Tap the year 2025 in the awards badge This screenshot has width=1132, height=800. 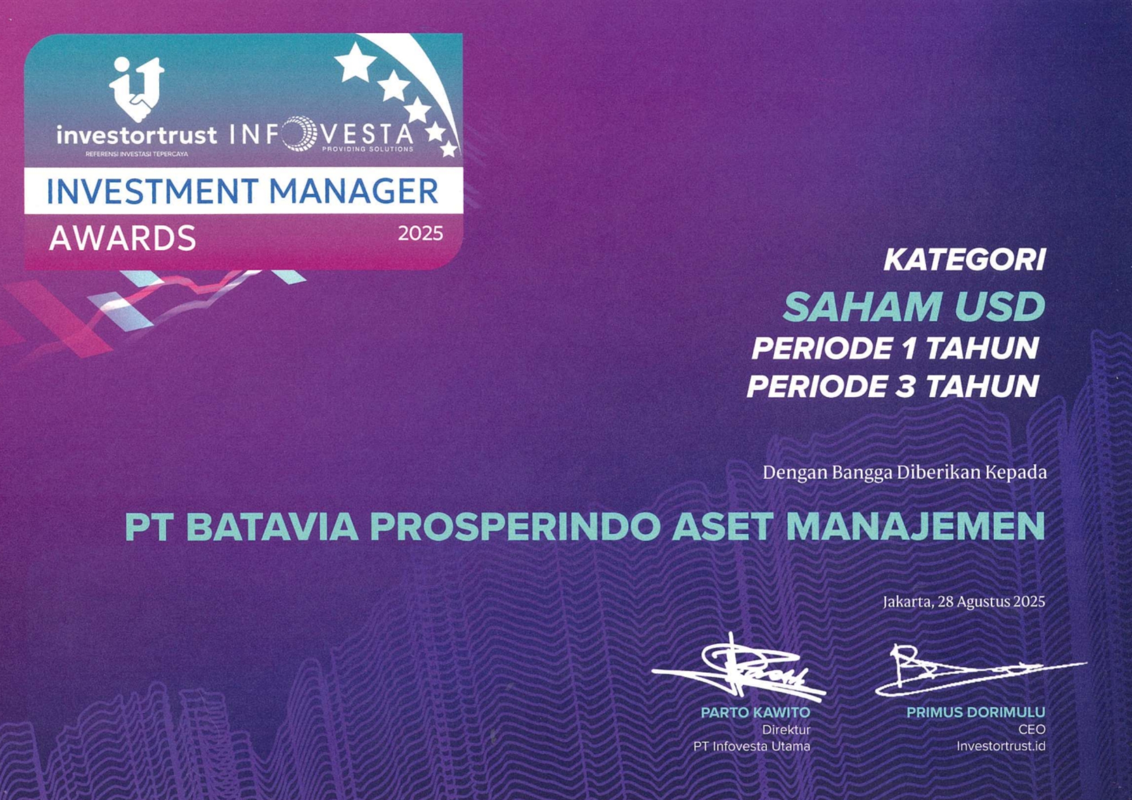tap(420, 234)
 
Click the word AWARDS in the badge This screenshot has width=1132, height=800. tap(122, 238)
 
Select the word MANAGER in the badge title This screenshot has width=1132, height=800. tap(353, 191)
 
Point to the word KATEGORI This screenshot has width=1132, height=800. tap(964, 260)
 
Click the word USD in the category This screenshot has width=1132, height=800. tap(1000, 307)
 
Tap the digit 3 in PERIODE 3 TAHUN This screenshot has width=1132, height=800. tap(906, 387)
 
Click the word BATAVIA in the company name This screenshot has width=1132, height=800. tap(272, 527)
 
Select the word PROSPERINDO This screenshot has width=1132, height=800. tap(515, 527)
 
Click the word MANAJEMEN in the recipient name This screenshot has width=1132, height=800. tap(915, 527)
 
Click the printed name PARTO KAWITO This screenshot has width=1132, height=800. tap(756, 712)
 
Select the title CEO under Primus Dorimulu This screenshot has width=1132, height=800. tap(1032, 729)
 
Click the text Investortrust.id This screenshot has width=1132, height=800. tap(1001, 746)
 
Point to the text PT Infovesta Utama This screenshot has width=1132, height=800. tap(752, 746)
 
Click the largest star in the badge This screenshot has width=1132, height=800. tap(355, 62)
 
